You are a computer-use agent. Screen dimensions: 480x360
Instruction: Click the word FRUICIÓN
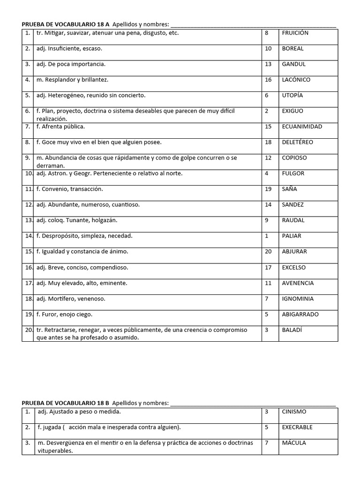(295, 33)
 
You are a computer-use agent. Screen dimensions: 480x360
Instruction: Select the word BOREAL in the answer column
(292, 48)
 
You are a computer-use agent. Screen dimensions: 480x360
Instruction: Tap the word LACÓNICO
(296, 80)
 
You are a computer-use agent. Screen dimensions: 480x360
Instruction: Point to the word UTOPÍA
(292, 95)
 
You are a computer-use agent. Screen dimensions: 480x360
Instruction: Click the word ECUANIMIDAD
(302, 127)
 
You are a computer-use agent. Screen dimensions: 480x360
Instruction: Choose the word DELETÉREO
(297, 142)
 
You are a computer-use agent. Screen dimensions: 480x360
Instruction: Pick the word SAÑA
(289, 189)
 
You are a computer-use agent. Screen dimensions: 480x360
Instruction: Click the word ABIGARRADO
(300, 314)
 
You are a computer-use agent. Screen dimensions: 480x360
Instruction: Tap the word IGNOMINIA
(298, 299)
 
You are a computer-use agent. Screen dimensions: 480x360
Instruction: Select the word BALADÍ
(292, 330)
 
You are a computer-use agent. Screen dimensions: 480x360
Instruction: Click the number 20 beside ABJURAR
(268, 252)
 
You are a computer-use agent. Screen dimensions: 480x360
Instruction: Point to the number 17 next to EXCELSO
(268, 267)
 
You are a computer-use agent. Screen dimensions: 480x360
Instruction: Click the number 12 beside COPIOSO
(268, 158)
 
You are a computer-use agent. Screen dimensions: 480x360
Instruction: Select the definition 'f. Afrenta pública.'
(60, 127)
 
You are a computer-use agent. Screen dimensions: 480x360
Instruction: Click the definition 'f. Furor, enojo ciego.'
(64, 314)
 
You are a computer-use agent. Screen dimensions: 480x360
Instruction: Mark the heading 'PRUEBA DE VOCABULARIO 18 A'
(66, 24)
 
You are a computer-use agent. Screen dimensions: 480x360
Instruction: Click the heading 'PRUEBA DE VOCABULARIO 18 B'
(66, 403)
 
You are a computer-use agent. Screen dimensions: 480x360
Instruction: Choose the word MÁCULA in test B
(294, 443)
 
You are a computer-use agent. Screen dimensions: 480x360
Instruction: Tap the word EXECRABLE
(297, 427)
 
